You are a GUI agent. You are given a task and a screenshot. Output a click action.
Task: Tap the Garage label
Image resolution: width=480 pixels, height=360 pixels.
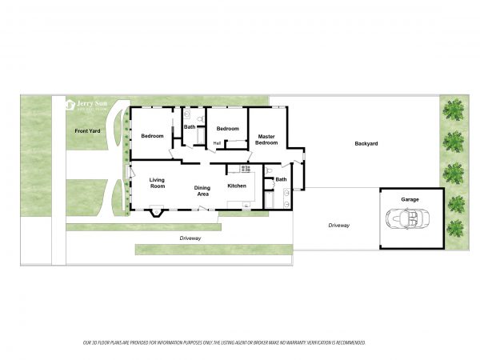coord(410,199)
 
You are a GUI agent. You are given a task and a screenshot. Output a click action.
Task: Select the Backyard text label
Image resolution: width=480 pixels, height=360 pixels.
coord(366,144)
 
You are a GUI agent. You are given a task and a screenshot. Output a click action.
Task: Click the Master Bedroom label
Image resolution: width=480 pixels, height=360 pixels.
coord(266,140)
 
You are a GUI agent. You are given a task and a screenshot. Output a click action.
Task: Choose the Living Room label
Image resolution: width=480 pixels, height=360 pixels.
coord(158,183)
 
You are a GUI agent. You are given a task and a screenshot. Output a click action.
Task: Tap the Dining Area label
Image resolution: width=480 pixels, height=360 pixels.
coord(202,191)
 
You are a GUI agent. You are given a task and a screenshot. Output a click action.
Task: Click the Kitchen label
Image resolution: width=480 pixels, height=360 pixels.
coord(237,186)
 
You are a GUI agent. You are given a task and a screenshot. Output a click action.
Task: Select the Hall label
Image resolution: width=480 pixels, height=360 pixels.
coord(217,143)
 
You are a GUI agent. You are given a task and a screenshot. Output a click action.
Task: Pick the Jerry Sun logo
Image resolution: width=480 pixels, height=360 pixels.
coord(86,104)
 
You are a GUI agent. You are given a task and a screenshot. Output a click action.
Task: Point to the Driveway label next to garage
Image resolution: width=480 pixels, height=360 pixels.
coord(338,226)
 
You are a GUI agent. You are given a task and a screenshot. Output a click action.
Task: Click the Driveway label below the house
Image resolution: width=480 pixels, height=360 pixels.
coord(190,238)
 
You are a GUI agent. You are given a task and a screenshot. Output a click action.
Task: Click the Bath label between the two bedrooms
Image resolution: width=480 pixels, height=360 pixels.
coord(190,126)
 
